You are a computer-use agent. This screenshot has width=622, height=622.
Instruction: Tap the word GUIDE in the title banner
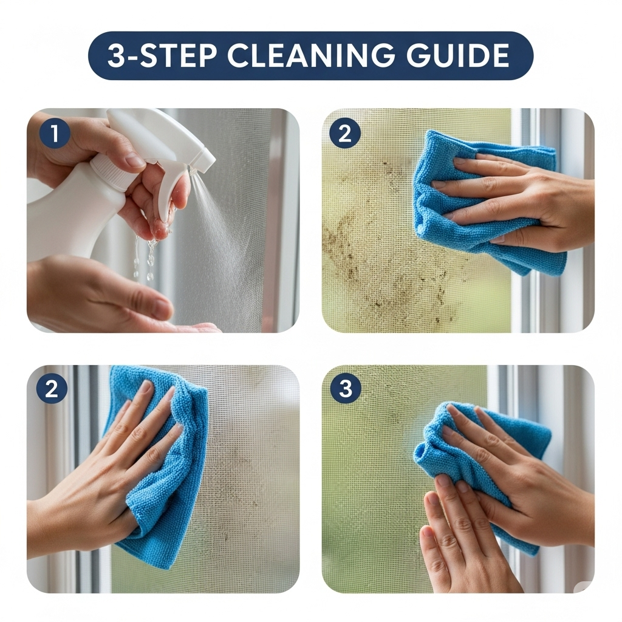pyautogui.click(x=458, y=55)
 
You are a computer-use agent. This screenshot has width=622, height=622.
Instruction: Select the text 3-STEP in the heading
pyautogui.click(x=162, y=55)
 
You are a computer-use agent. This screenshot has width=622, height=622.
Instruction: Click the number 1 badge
pyautogui.click(x=55, y=133)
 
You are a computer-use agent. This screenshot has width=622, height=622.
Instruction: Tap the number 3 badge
pyautogui.click(x=346, y=388)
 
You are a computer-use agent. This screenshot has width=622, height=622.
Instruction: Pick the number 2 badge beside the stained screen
pyautogui.click(x=345, y=133)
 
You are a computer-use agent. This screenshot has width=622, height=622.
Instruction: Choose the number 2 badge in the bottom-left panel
pyautogui.click(x=52, y=388)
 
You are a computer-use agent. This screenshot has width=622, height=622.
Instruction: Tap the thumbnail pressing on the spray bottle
pyautogui.click(x=134, y=160)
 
